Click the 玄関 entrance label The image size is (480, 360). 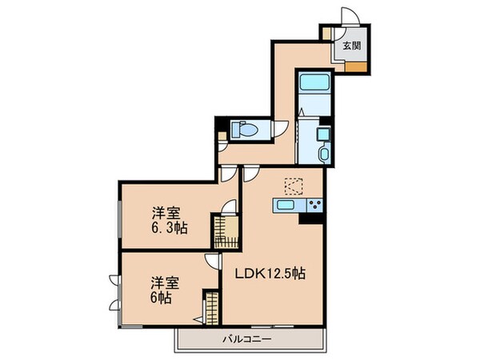pyautogui.click(x=351, y=46)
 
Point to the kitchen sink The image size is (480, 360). pyautogui.click(x=286, y=206)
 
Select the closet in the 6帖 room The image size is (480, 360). pyautogui.click(x=210, y=309)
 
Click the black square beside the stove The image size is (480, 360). pyautogui.click(x=307, y=220)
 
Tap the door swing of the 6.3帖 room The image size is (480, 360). pyautogui.click(x=231, y=206)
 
